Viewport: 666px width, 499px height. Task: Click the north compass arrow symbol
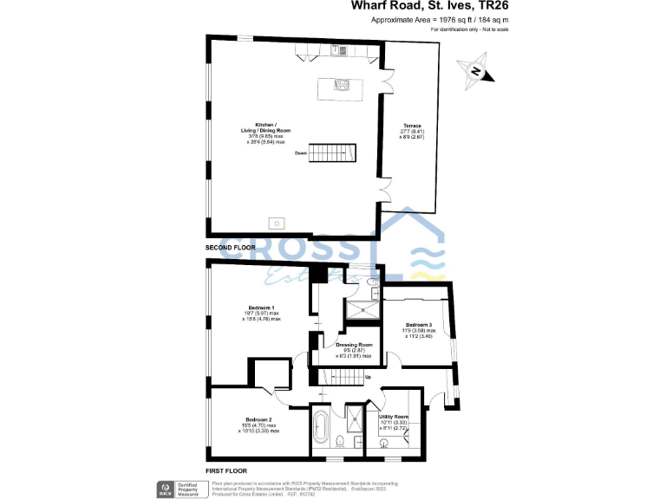tap(477, 73)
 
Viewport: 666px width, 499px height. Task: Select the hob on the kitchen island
tap(341, 86)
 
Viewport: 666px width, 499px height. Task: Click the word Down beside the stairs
tap(301, 153)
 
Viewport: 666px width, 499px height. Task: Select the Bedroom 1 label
tap(261, 309)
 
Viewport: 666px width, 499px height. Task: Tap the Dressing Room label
tap(354, 346)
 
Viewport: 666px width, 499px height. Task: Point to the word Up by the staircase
tap(368, 377)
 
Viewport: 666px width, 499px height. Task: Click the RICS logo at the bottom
tap(162, 488)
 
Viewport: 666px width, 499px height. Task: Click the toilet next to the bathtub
tap(344, 441)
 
